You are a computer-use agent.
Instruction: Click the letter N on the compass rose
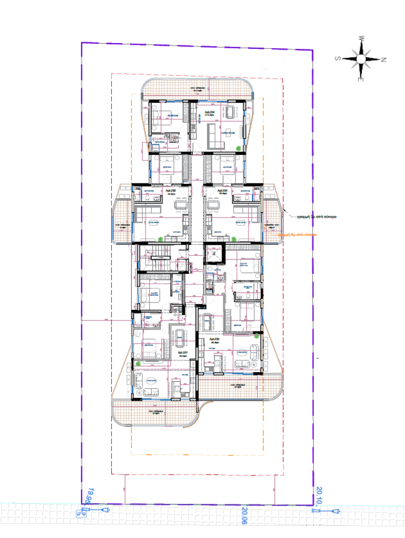[x=383, y=59]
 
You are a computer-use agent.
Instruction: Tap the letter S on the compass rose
[x=337, y=59]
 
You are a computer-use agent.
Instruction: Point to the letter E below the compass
[x=360, y=79]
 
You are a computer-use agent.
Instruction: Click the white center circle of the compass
[x=361, y=59]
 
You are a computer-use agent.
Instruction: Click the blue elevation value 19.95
[x=91, y=496]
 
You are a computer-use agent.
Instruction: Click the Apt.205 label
[x=171, y=191]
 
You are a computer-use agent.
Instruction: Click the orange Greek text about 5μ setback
[x=297, y=236]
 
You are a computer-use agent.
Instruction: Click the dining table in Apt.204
[x=230, y=112]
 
